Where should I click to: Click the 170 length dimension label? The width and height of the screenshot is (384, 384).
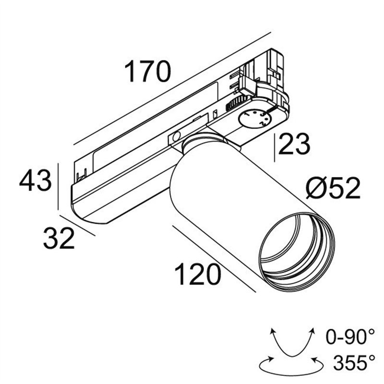(x=147, y=72)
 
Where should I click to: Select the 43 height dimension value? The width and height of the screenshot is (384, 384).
(x=35, y=182)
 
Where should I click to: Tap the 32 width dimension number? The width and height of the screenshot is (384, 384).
(x=59, y=238)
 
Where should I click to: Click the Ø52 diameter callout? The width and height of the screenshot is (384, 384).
(x=333, y=189)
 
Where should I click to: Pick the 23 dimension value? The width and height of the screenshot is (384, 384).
(x=294, y=144)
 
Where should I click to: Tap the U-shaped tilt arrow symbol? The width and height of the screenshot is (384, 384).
(x=291, y=341)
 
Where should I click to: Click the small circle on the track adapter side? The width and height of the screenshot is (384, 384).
(x=177, y=137)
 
